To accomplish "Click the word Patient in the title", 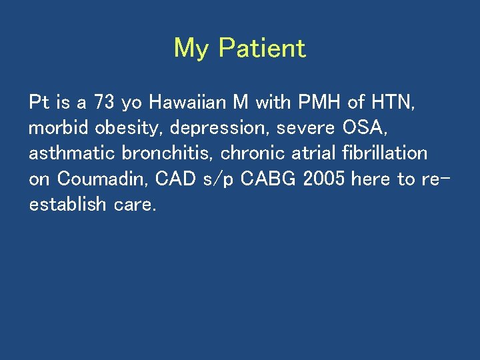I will pos(262,48).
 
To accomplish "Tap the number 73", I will pos(103,103).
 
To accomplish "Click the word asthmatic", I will pos(72,153).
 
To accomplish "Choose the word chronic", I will pos(250,153).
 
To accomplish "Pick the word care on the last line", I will pos(135,205).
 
